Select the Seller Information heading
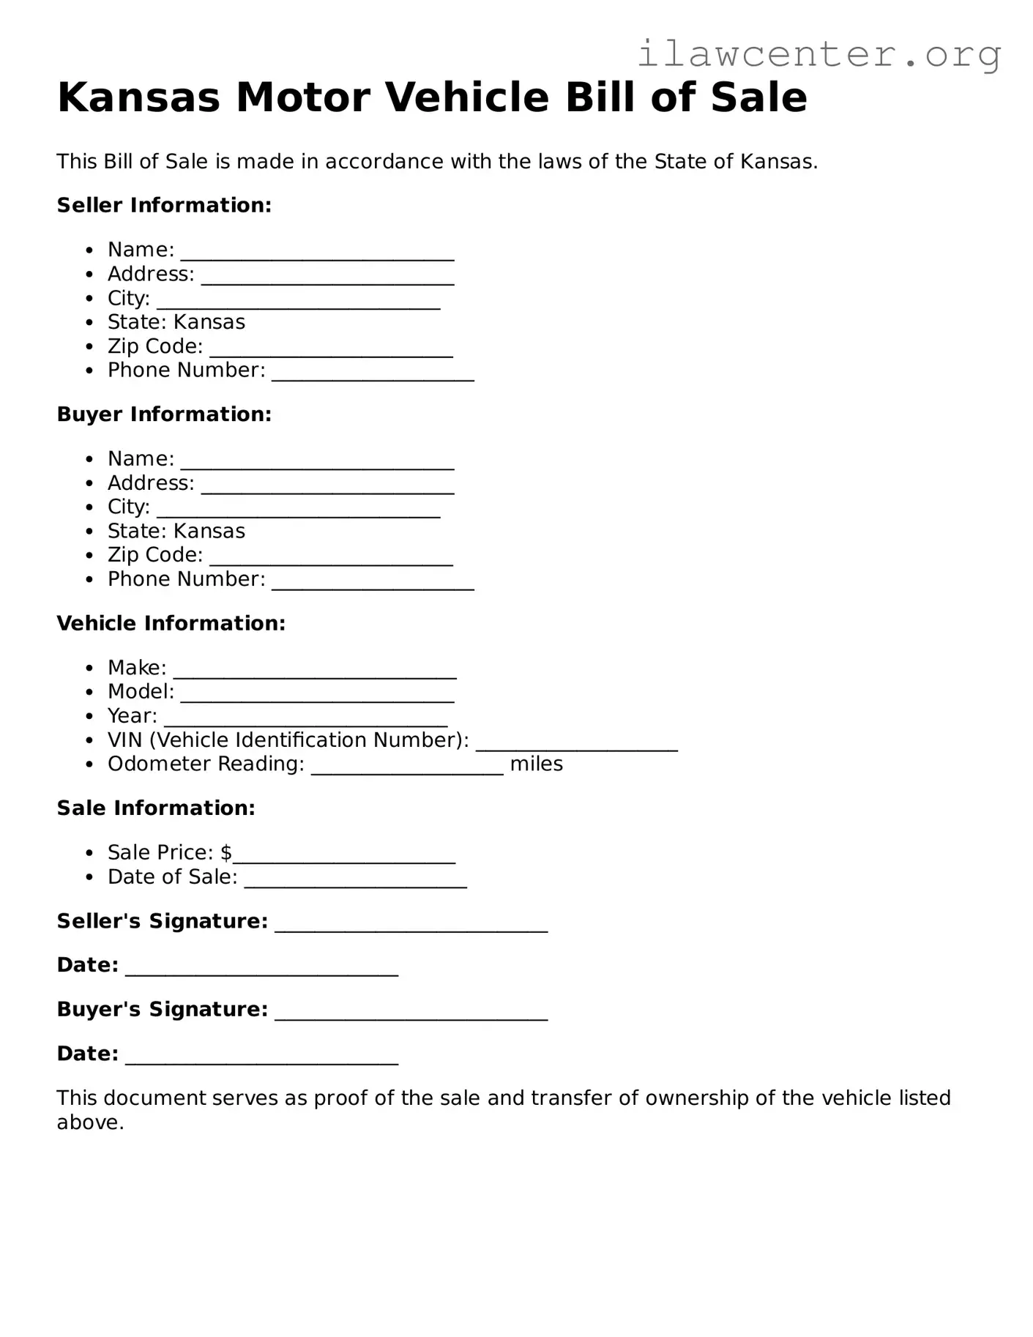click(164, 205)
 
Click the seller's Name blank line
click(317, 256)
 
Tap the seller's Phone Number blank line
click(373, 376)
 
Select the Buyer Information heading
click(164, 414)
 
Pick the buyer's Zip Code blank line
click(331, 561)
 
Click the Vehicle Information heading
click(171, 623)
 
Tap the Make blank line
click(315, 674)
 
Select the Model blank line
click(317, 698)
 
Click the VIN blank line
click(576, 746)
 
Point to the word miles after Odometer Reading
click(536, 764)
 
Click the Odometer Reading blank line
click(407, 770)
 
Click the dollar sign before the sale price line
click(226, 852)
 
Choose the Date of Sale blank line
click(355, 883)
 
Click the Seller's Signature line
click(411, 928)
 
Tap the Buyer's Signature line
click(411, 1016)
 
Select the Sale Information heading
click(156, 808)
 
